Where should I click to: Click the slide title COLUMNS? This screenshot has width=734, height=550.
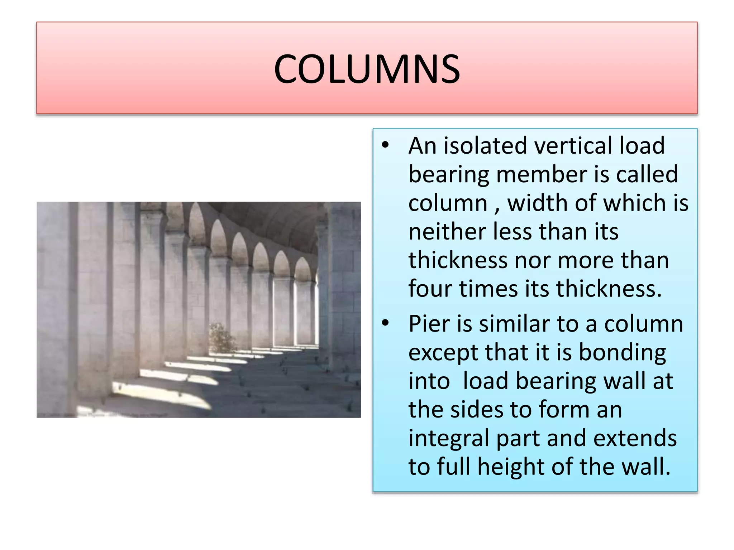pos(367,69)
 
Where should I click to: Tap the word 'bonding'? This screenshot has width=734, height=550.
pos(622,353)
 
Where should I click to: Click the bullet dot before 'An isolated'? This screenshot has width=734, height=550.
pos(385,146)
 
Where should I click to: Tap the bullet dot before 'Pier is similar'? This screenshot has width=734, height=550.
pos(385,323)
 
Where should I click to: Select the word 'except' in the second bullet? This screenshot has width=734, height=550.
pos(443,353)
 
